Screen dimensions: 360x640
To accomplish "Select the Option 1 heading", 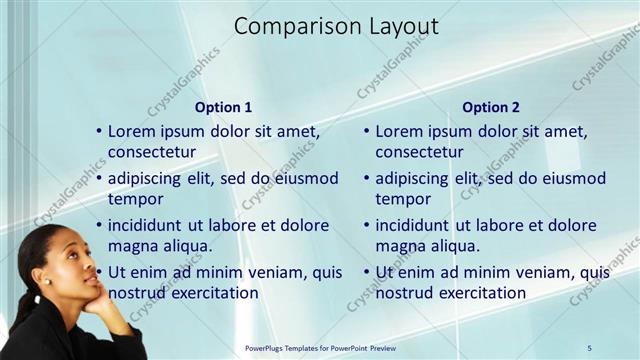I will coord(222,107).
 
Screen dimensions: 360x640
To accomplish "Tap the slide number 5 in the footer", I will coord(590,347).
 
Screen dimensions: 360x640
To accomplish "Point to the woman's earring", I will coord(46,282).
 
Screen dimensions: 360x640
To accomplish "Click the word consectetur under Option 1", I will coord(152,152).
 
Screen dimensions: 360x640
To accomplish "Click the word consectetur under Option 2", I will coord(419,152).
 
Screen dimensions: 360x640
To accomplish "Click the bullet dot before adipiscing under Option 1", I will coord(98,179).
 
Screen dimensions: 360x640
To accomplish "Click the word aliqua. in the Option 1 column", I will coord(183,246).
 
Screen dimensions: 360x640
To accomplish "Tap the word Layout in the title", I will coord(399,27).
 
